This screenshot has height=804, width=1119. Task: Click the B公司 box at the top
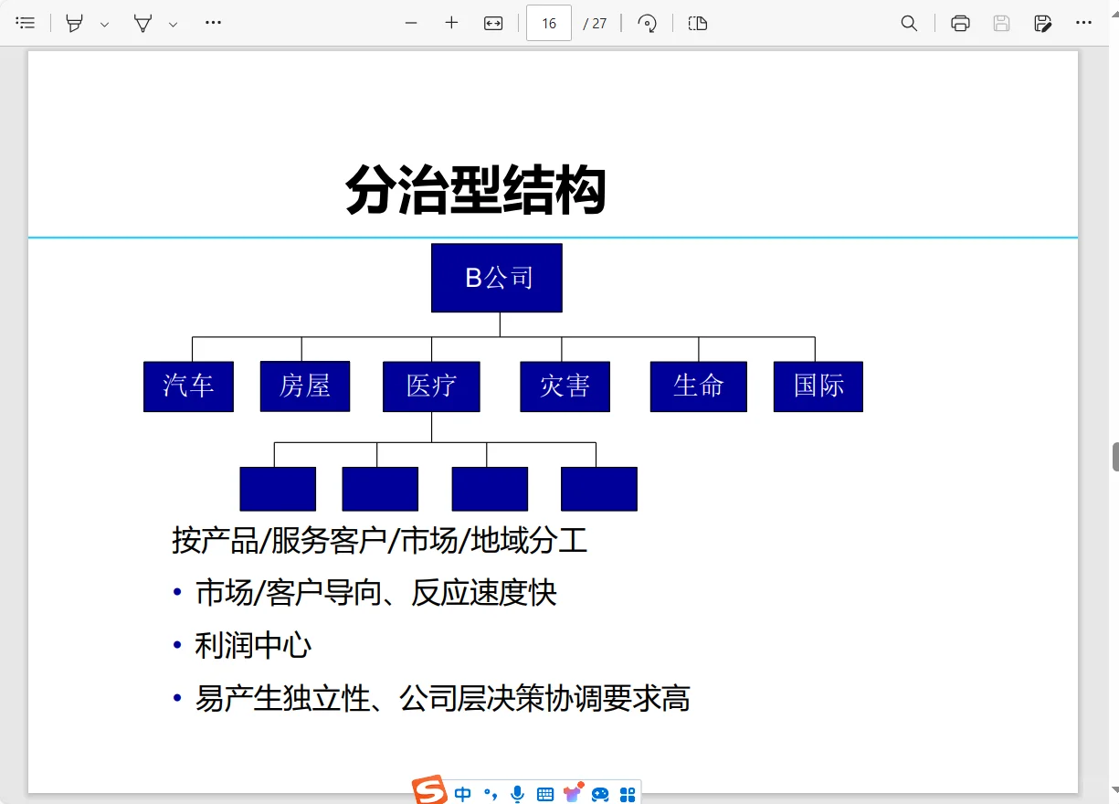[496, 278]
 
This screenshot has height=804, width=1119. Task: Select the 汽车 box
[188, 386]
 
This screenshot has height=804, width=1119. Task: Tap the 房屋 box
[304, 386]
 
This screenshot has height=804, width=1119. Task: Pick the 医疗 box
[431, 386]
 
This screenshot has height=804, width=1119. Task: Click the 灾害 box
[565, 386]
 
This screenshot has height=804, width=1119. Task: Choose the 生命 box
[698, 386]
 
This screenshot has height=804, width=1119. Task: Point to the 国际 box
[818, 386]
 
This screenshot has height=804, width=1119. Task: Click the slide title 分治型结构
[475, 190]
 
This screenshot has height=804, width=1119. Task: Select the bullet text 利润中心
[253, 646]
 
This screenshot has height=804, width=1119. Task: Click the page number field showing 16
[548, 24]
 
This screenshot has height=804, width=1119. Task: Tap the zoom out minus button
[411, 24]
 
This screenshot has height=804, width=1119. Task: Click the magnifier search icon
[909, 24]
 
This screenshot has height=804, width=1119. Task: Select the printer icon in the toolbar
[960, 24]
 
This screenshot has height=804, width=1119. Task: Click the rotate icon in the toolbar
[648, 24]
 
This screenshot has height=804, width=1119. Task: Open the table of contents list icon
[26, 24]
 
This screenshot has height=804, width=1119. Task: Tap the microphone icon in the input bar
[517, 794]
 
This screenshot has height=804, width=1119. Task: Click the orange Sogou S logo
[428, 791]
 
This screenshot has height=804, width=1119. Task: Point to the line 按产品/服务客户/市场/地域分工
[379, 541]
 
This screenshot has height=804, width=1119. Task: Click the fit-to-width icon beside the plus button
[493, 24]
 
